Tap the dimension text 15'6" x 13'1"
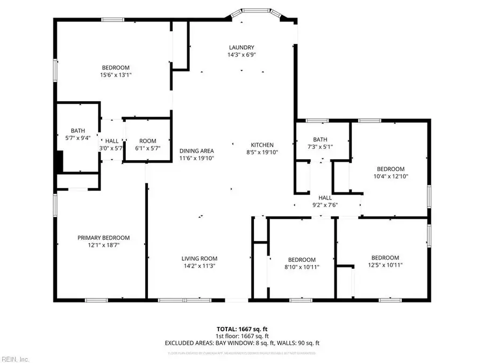pos(116,75)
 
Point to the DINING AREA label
pos(197,151)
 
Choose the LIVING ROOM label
pos(199,258)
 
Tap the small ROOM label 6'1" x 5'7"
pos(148,141)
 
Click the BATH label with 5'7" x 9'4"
pos(78,131)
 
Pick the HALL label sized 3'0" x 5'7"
pos(112,141)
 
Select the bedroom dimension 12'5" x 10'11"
pos(385,265)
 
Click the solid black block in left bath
pos(59,160)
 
